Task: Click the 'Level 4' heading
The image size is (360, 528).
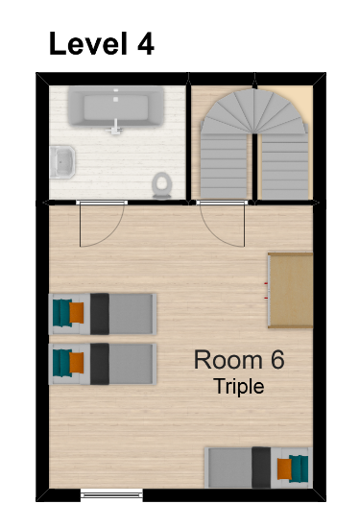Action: pyautogui.click(x=102, y=43)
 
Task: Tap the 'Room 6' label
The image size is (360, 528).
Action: pyautogui.click(x=239, y=360)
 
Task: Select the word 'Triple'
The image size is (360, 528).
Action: pyautogui.click(x=239, y=386)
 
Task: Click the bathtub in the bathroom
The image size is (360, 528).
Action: pyautogui.click(x=116, y=107)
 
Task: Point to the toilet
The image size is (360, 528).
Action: pyautogui.click(x=162, y=185)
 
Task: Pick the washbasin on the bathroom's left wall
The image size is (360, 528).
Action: pyautogui.click(x=62, y=162)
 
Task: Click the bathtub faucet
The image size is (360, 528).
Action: pyautogui.click(x=115, y=127)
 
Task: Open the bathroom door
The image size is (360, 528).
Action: pyautogui.click(x=102, y=224)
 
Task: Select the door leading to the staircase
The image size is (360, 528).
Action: pyautogui.click(x=222, y=224)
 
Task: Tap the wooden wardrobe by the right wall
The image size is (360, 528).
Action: pyautogui.click(x=291, y=290)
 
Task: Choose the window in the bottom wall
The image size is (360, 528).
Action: pyautogui.click(x=111, y=494)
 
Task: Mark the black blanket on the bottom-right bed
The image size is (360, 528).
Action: pyautogui.click(x=261, y=468)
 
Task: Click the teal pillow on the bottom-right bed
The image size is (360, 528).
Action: pyautogui.click(x=300, y=468)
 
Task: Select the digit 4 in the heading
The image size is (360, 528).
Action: pyautogui.click(x=146, y=43)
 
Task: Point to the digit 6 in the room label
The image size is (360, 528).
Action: pyautogui.click(x=277, y=360)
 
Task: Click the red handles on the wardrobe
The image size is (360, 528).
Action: pyautogui.click(x=266, y=291)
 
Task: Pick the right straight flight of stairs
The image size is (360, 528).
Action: pyautogui.click(x=285, y=166)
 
